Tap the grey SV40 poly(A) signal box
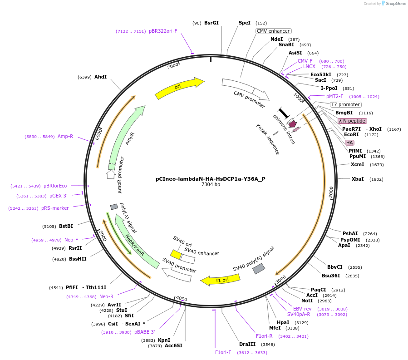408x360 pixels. (x=259, y=268)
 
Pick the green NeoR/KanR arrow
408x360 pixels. (x=130, y=236)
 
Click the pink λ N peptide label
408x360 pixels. (x=352, y=121)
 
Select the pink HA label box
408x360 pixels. (x=349, y=143)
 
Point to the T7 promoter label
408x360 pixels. (x=345, y=104)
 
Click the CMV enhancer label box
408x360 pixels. (x=273, y=31)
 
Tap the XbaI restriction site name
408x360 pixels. (x=358, y=179)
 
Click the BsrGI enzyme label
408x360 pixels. (x=211, y=23)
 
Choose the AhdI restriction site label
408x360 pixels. (x=100, y=77)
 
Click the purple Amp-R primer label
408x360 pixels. (x=65, y=136)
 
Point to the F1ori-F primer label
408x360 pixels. (x=223, y=352)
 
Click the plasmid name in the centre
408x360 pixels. (x=211, y=179)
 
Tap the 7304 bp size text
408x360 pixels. (x=211, y=185)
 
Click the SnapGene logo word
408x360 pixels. (x=394, y=4)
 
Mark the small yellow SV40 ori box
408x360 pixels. (x=176, y=255)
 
